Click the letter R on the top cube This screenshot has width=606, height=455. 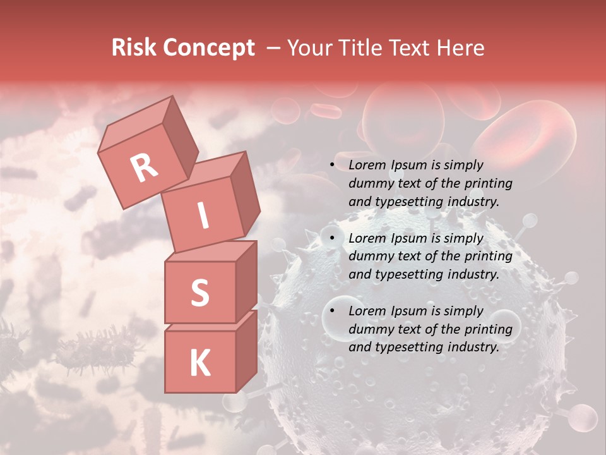pyautogui.click(x=144, y=167)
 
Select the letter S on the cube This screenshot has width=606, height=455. pyautogui.click(x=199, y=293)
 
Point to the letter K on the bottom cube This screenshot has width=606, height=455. pyautogui.click(x=199, y=363)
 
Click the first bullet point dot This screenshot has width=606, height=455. pyautogui.click(x=333, y=166)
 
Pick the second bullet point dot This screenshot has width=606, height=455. pyautogui.click(x=333, y=238)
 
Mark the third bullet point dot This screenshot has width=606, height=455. pyautogui.click(x=333, y=311)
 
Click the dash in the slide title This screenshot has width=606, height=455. pyautogui.click(x=274, y=48)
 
